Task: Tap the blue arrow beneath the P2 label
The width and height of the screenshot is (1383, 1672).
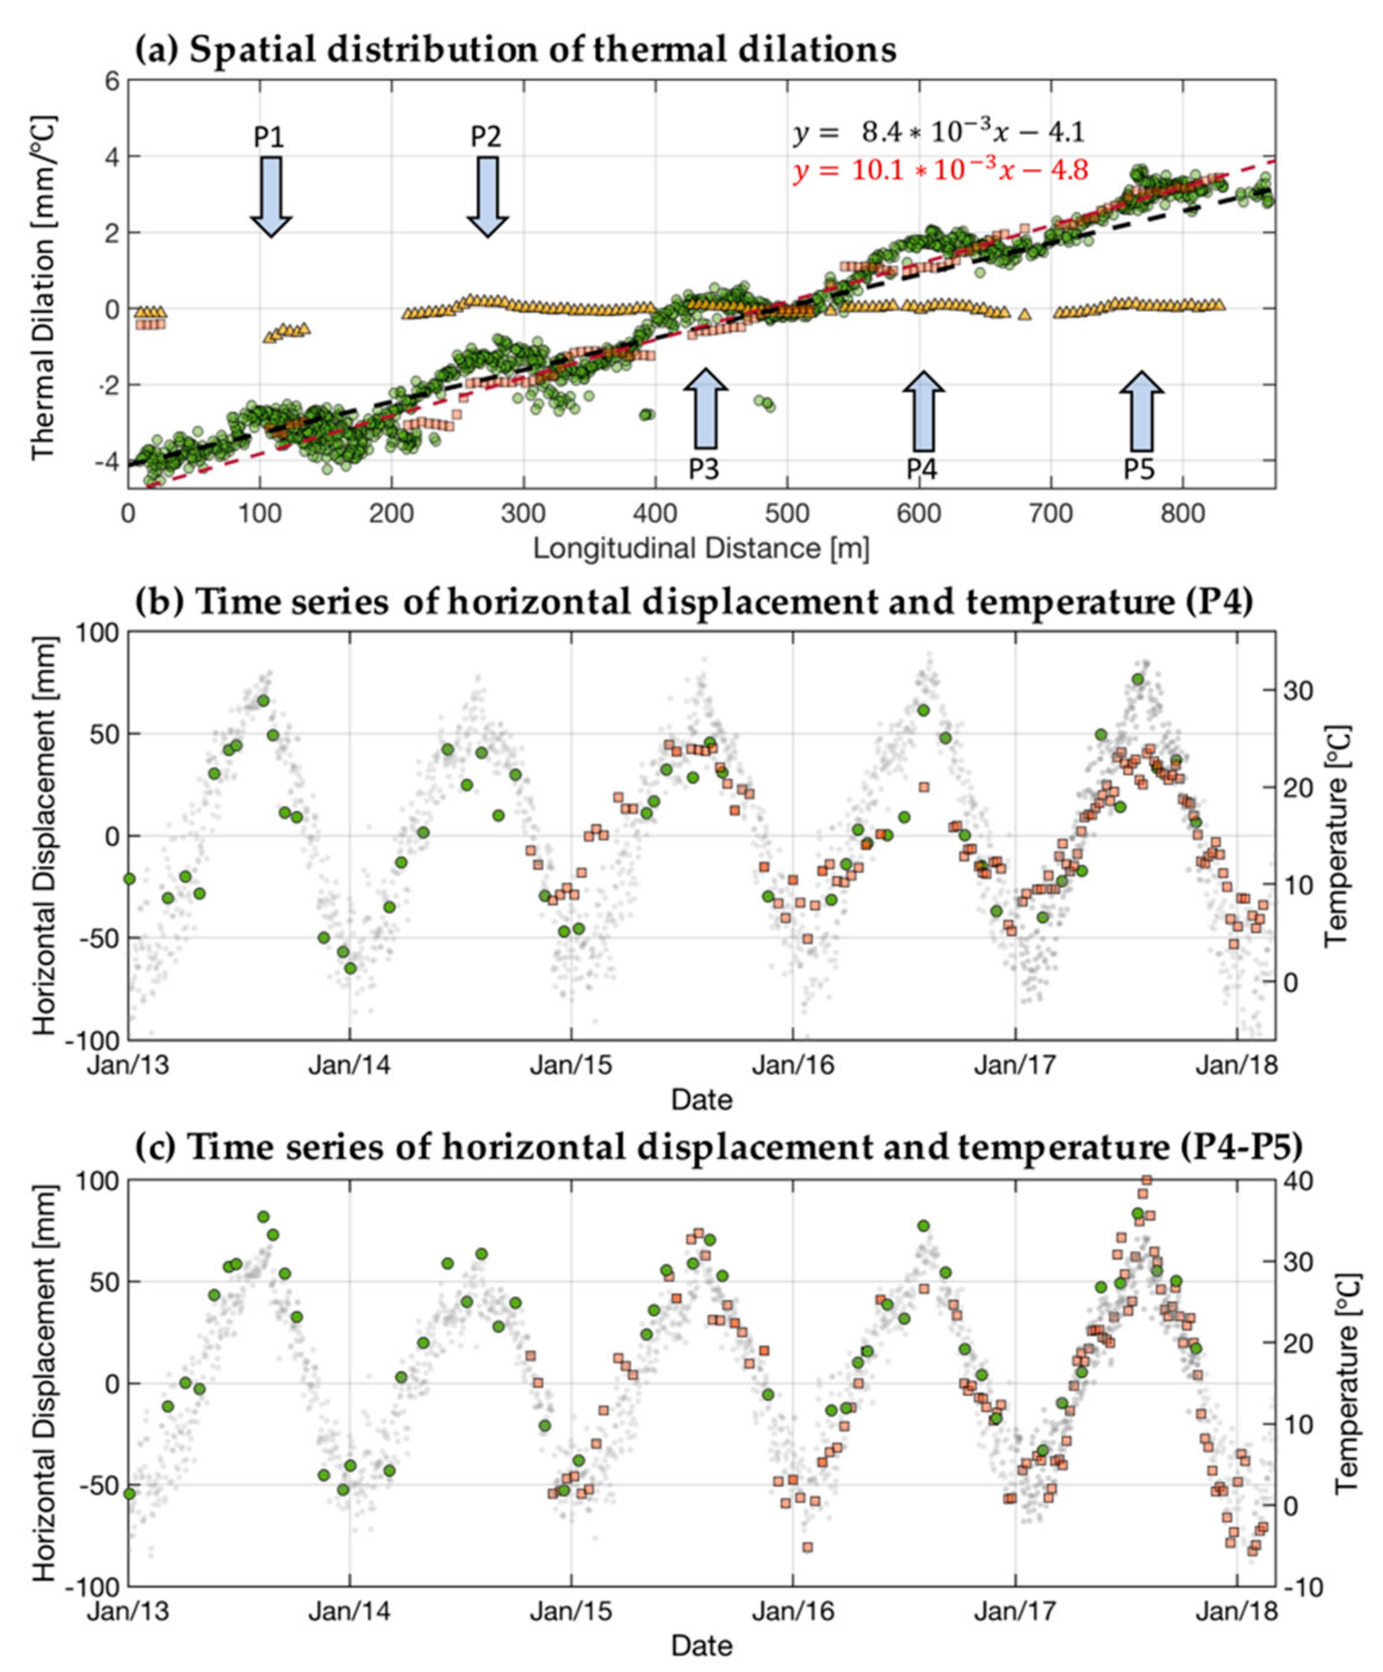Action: [486, 196]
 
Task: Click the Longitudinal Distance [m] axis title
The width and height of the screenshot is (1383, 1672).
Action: [700, 548]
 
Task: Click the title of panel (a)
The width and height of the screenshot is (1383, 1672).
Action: [515, 49]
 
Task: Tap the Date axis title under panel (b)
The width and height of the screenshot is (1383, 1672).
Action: [700, 1099]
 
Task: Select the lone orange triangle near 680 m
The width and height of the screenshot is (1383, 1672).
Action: [1024, 313]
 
